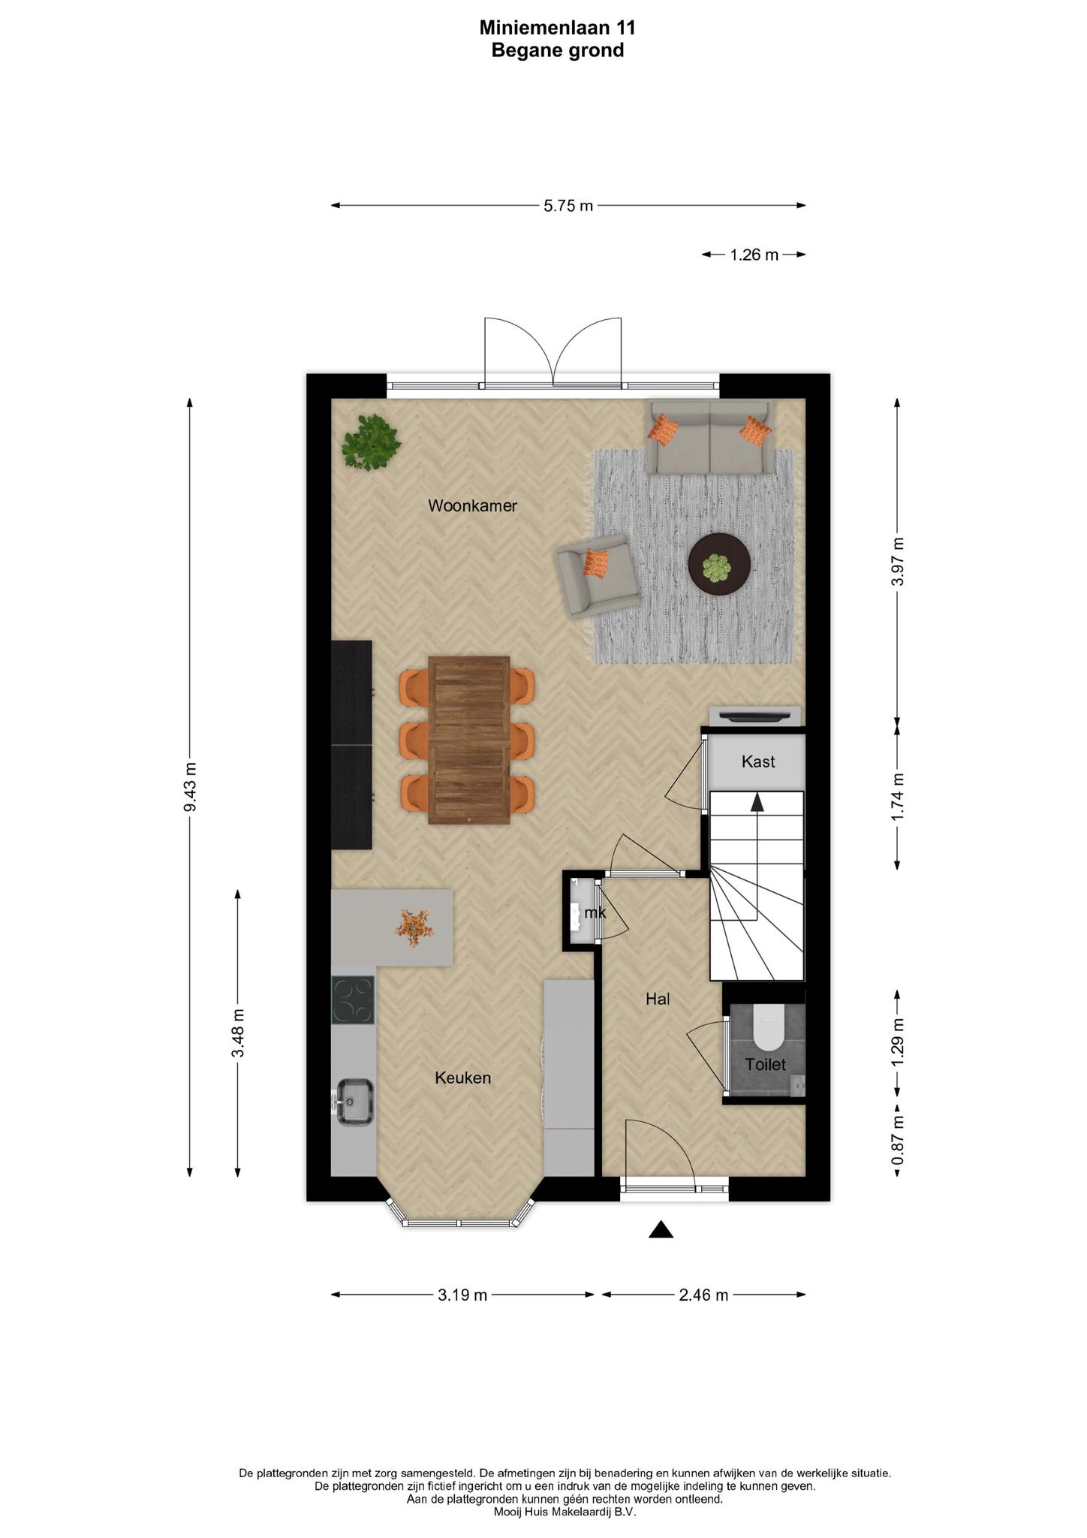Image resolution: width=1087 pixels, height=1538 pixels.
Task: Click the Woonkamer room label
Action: pos(472,506)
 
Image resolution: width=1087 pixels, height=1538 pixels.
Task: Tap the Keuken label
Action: pos(463,1078)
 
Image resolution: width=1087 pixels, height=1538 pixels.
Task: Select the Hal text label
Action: pos(658,999)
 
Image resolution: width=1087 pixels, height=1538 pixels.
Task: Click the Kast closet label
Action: pos(758,761)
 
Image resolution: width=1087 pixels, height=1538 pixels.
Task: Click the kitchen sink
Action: pos(355,1102)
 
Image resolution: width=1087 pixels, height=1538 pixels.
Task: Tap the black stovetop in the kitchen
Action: pos(353,1000)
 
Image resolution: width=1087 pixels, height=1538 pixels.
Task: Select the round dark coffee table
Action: pos(720,565)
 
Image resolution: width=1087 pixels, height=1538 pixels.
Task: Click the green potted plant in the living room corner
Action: pos(370,443)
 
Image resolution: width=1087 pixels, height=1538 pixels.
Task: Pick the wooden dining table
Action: pos(469,740)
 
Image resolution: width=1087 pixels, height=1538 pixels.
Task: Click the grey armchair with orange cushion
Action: pos(598,576)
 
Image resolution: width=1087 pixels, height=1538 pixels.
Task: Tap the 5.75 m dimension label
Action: pos(568,206)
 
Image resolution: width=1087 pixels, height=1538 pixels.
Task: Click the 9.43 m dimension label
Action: pos(190,786)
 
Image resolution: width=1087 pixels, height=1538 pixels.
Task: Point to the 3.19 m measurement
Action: pos(462,1295)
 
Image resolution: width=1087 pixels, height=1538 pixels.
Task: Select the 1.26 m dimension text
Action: pos(754,255)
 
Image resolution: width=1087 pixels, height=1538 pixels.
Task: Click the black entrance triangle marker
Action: pos(661,1229)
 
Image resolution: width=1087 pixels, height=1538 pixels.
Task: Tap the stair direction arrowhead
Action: pos(757,802)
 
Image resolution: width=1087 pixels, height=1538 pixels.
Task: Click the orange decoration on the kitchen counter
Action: pos(414,927)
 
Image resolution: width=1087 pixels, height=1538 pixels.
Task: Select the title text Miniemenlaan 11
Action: pos(558,28)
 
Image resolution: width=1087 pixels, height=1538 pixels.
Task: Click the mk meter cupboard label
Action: pos(595,913)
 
